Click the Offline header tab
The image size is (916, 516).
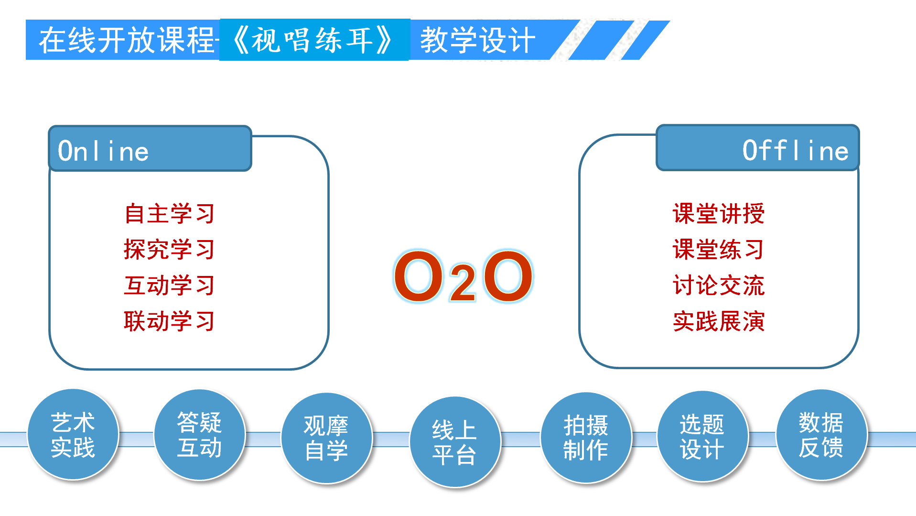(757, 148)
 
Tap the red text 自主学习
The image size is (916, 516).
(170, 213)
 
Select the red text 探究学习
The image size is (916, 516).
(170, 249)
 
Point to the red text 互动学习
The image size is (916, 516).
(170, 285)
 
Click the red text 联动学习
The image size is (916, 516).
(170, 321)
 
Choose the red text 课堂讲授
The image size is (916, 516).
(718, 213)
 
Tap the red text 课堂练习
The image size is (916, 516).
(718, 249)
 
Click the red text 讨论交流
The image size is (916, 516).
(718, 285)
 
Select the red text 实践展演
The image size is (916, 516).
(718, 321)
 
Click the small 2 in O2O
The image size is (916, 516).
(463, 284)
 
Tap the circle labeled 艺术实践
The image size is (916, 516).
(73, 434)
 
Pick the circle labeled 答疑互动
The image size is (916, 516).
(199, 434)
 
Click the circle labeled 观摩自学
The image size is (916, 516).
(326, 438)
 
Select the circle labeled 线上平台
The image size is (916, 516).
(454, 442)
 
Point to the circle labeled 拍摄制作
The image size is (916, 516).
(586, 437)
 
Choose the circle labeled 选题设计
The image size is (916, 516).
(702, 436)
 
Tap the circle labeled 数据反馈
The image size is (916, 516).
(821, 434)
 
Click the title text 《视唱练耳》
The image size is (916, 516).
(314, 40)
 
